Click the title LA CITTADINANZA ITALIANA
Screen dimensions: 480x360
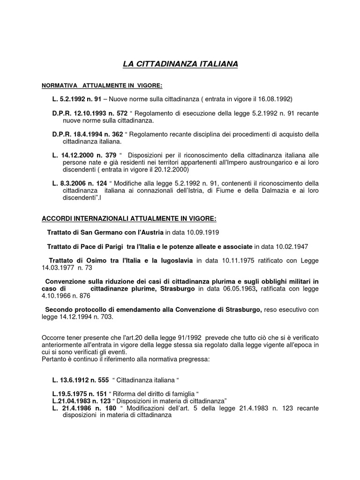tap(180, 63)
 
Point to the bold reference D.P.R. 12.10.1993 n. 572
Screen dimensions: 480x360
tap(87, 113)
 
